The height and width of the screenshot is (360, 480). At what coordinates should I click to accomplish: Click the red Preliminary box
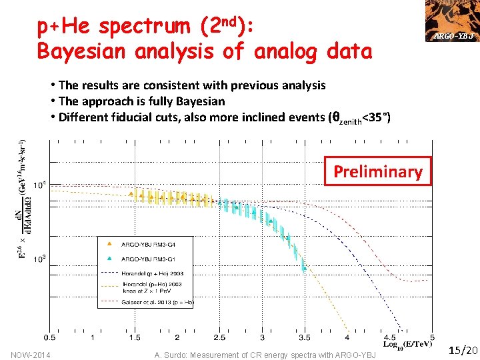click(x=377, y=171)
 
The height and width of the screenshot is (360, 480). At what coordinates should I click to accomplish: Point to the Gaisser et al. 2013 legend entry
click(x=157, y=303)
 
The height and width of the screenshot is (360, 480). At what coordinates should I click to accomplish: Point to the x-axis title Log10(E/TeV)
click(x=409, y=344)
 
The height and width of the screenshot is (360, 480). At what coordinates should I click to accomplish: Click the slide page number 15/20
click(x=463, y=350)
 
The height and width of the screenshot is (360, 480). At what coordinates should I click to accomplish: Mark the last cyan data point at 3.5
click(x=303, y=268)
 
